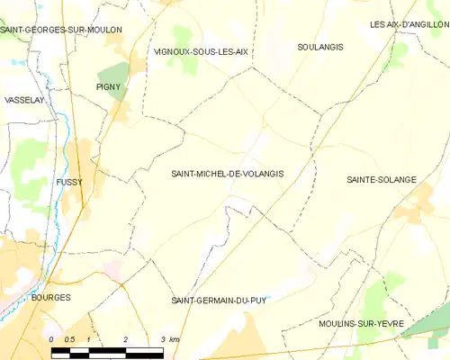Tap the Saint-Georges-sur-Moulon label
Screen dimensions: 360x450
pyautogui.click(x=61, y=30)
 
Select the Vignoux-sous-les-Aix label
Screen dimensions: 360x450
pyautogui.click(x=201, y=51)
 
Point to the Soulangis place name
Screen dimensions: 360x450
pyautogui.click(x=320, y=46)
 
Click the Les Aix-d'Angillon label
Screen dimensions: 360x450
pyautogui.click(x=409, y=24)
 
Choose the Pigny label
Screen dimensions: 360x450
pyautogui.click(x=108, y=86)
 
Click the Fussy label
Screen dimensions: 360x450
pyautogui.click(x=69, y=181)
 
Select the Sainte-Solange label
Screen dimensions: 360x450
pyautogui.click(x=382, y=180)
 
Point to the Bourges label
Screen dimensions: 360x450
pyautogui.click(x=50, y=296)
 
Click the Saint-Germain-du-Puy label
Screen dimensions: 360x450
pyautogui.click(x=221, y=299)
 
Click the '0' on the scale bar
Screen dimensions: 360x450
pyautogui.click(x=51, y=339)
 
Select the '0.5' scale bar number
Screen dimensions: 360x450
pyautogui.click(x=69, y=339)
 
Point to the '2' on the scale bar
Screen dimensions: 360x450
pyautogui.click(x=125, y=339)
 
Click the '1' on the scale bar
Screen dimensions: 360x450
pyautogui.click(x=88, y=339)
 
